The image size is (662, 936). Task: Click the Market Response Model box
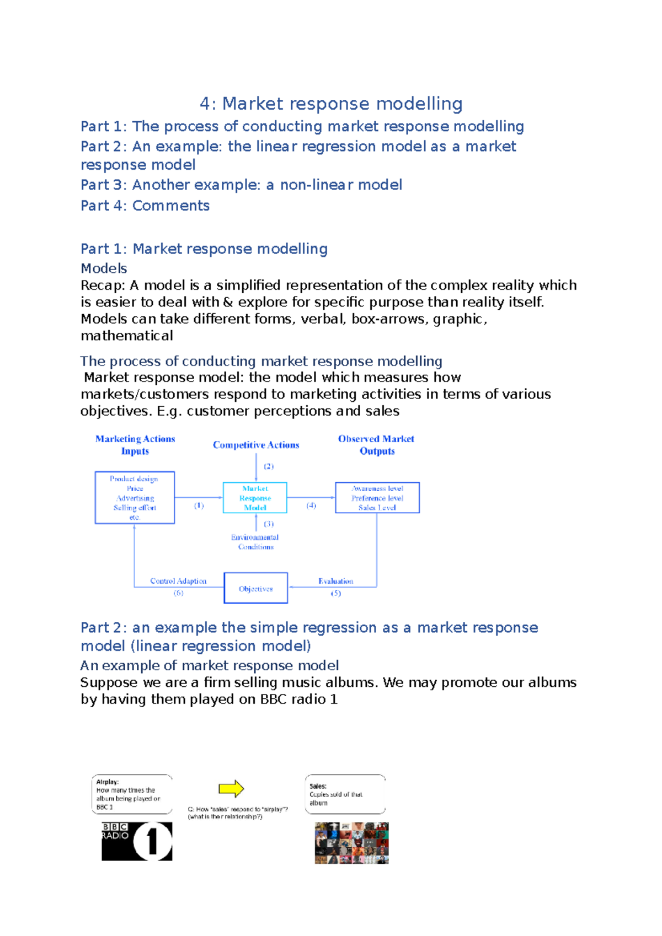tap(255, 498)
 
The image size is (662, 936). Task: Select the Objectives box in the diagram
tap(255, 588)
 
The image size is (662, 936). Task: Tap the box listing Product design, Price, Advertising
tap(135, 498)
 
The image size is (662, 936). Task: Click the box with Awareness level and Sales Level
tap(377, 498)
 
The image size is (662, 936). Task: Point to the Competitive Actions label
tap(256, 445)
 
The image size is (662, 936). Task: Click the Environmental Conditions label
tap(255, 542)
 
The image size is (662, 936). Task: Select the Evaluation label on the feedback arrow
tap(335, 581)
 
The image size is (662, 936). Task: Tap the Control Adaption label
tap(178, 581)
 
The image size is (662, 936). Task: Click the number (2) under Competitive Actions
tap(268, 466)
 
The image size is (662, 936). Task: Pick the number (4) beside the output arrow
tap(311, 505)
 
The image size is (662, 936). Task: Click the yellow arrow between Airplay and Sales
tap(231, 789)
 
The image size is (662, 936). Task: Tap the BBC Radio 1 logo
tap(137, 841)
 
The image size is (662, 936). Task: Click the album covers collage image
tap(351, 843)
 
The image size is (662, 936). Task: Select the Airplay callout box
tap(132, 794)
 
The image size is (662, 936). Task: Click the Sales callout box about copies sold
tap(345, 794)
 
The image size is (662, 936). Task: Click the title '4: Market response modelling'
tap(331, 104)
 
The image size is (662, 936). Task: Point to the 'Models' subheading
tap(104, 268)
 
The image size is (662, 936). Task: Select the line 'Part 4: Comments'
tap(145, 206)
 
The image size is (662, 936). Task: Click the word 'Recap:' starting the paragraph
tap(103, 286)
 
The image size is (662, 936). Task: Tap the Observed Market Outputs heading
tap(376, 445)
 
